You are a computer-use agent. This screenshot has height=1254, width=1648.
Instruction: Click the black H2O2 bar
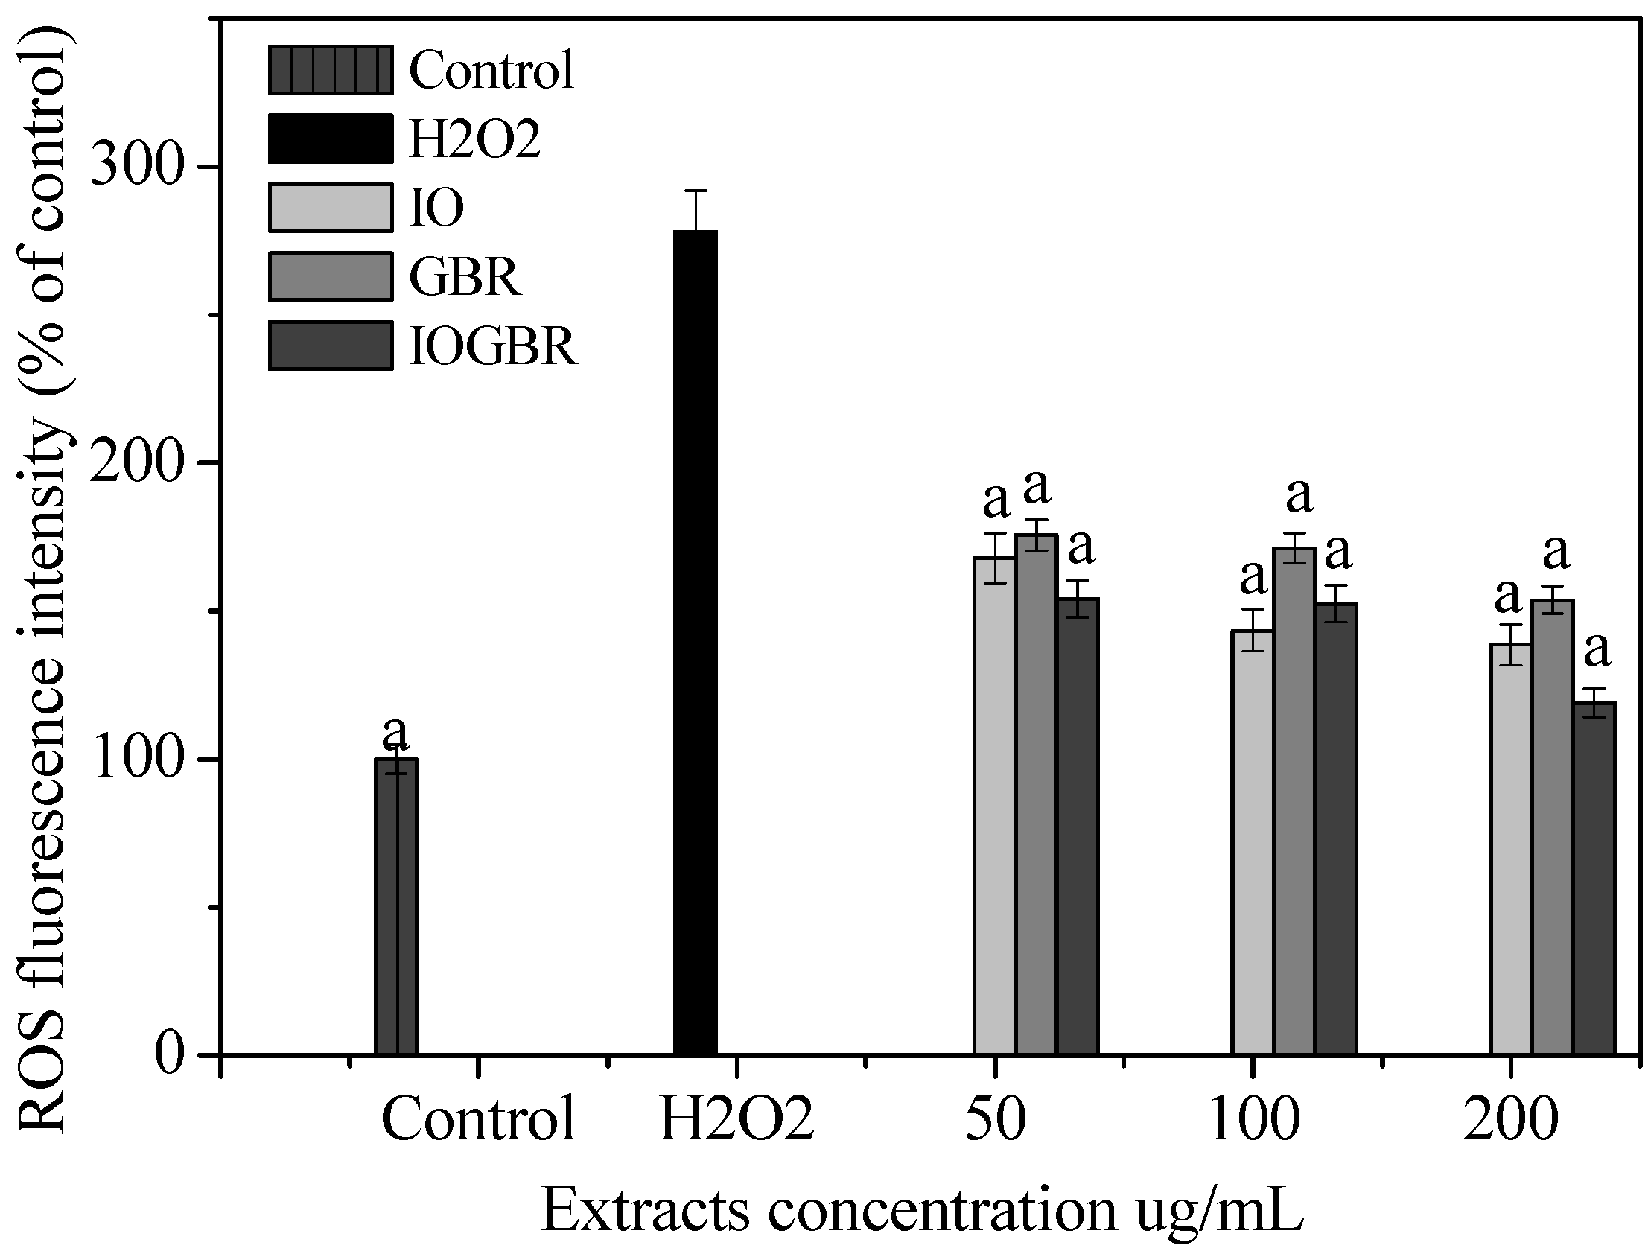click(x=695, y=642)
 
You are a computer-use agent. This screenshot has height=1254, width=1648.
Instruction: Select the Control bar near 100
click(x=395, y=906)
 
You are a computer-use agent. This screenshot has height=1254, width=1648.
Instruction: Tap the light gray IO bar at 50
click(x=994, y=806)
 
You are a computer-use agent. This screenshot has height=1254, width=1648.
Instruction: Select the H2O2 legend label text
click(x=474, y=139)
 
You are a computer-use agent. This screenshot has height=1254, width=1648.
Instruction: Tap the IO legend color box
click(x=330, y=208)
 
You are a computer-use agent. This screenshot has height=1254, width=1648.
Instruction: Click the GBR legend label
click(x=464, y=278)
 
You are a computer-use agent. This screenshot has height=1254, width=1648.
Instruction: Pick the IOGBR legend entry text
click(x=493, y=347)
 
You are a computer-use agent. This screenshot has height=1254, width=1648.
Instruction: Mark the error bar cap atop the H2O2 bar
click(x=695, y=191)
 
